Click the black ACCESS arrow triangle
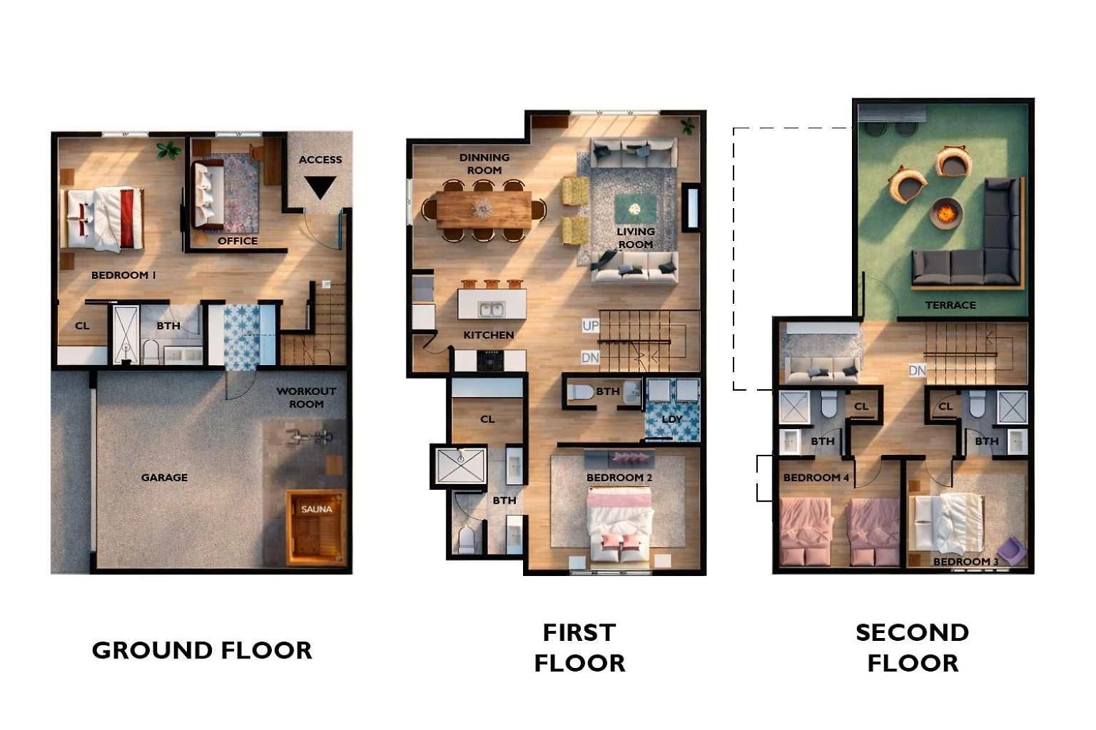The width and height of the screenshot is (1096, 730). point(320,185)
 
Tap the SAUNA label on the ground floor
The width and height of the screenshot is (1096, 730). point(317,509)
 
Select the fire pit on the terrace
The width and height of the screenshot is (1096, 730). point(945,213)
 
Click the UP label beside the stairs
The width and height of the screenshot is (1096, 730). point(590,326)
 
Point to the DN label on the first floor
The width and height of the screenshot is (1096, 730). point(590,357)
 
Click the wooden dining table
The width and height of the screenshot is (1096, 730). point(483,210)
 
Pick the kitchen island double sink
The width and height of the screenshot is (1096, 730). point(492,309)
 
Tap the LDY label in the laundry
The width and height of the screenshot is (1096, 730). point(671,419)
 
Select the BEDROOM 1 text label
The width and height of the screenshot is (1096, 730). point(123,274)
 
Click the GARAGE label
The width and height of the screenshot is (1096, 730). point(164,477)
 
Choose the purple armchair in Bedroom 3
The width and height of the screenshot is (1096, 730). point(1011,551)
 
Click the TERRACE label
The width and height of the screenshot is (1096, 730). point(950,305)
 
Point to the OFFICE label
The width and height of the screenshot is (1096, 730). point(238,240)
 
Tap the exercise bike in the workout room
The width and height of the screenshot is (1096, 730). point(310,436)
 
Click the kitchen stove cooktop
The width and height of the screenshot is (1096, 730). point(490,360)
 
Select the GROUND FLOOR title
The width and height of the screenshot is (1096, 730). point(202,650)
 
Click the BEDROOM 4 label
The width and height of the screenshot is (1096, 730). point(816,477)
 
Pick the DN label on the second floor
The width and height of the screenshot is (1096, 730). point(917,371)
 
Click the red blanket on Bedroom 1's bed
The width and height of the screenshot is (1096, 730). point(127,218)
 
